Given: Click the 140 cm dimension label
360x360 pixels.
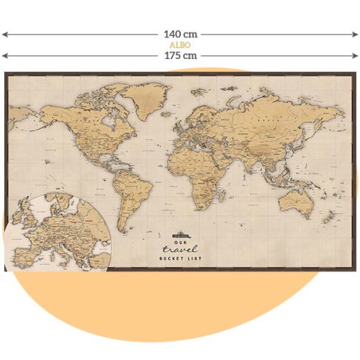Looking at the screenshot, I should click(x=180, y=34).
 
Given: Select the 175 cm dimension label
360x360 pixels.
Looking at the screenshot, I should click(x=180, y=55).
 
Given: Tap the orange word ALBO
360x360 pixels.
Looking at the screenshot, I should click(x=180, y=45).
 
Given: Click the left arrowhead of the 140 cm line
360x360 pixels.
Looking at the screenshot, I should click(x=4, y=34).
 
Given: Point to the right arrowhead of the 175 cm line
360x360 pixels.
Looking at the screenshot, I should click(x=356, y=55).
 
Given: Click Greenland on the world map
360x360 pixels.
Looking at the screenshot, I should click(x=146, y=98).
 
